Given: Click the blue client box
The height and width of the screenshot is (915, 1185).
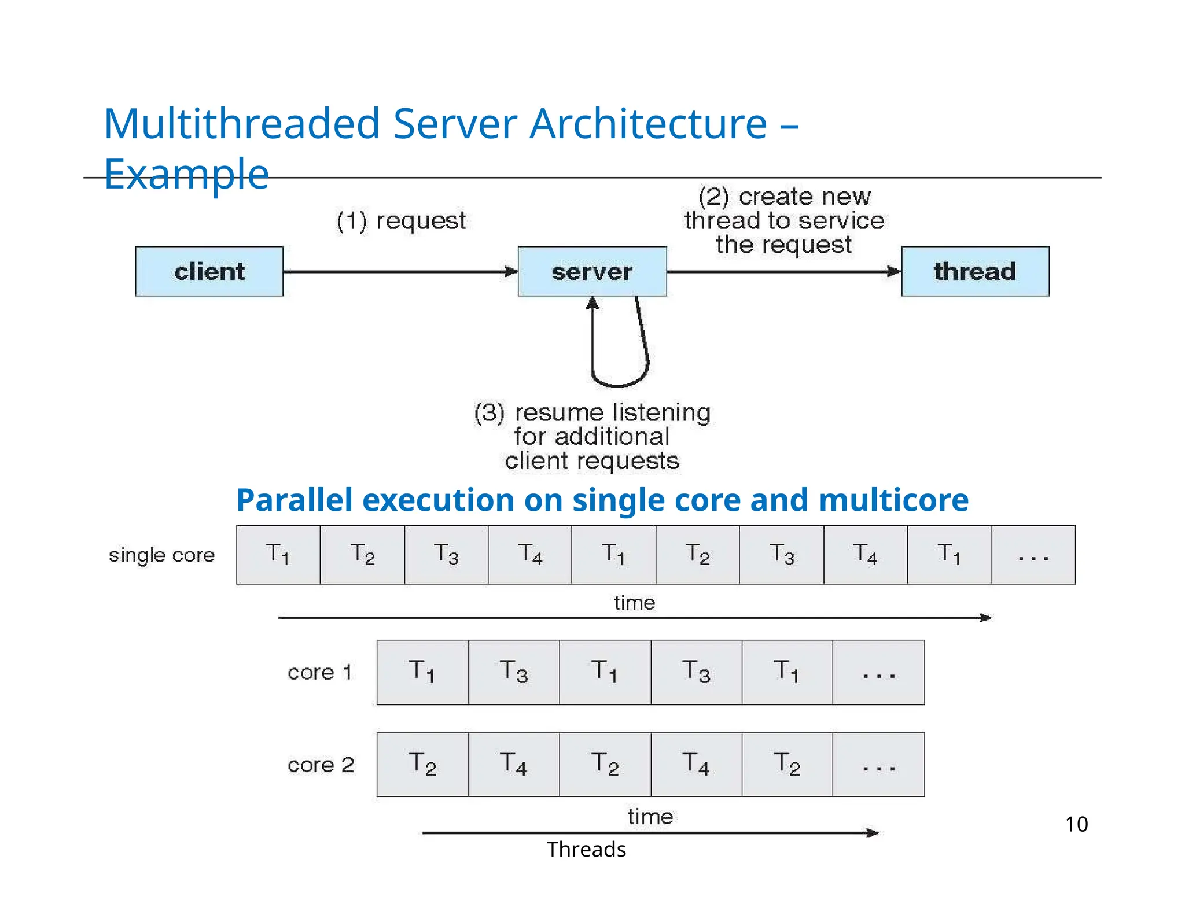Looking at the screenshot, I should point(209,271).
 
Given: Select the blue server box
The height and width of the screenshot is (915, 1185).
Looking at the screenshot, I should point(591,271).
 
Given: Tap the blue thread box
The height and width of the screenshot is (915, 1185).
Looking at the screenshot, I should point(975,271).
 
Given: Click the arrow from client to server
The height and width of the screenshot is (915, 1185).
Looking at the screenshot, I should point(399,271).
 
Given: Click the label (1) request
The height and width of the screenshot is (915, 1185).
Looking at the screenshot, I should point(401,221).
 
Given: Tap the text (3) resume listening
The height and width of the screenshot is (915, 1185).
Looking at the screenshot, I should point(592,412).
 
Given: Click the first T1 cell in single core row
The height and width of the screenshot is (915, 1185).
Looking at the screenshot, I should point(278,555).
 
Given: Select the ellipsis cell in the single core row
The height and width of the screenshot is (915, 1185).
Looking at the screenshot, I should point(1033,555).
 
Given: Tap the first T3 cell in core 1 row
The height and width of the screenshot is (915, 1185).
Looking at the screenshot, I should point(514,672).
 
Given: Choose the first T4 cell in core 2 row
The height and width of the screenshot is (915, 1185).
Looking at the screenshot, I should point(514,765).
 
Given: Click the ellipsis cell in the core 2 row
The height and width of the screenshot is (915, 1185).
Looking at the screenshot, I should point(878,765).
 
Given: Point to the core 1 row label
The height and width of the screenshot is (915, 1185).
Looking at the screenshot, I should point(320,672).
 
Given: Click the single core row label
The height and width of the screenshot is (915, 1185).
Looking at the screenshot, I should point(161,555).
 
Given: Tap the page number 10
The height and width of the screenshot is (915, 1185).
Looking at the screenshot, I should point(1076,824).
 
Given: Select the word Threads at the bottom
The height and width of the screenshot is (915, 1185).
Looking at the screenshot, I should point(586,850).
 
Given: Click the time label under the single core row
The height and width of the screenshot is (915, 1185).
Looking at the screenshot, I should point(634,603).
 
